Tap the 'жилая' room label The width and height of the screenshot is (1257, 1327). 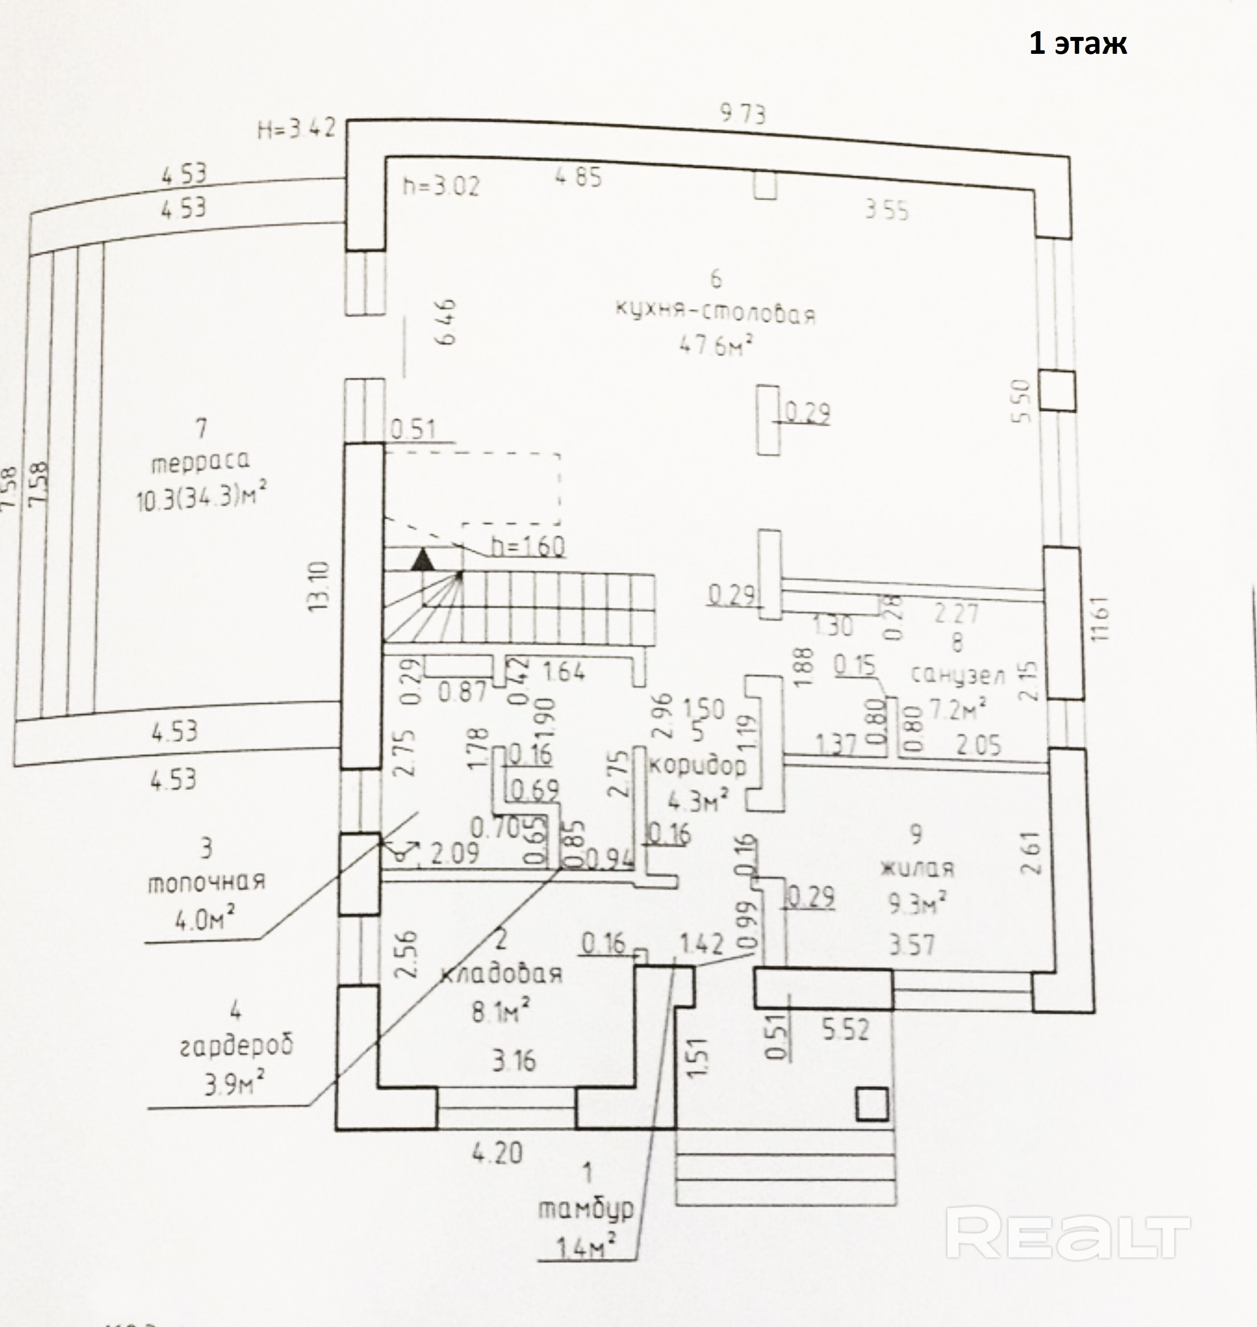[916, 869]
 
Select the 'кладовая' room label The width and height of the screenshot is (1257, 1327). [501, 973]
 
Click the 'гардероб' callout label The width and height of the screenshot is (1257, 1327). [236, 1046]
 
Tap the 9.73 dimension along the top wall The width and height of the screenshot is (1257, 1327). [742, 114]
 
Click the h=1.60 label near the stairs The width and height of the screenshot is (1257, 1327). [527, 546]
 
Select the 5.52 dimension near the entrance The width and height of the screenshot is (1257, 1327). [846, 1029]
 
